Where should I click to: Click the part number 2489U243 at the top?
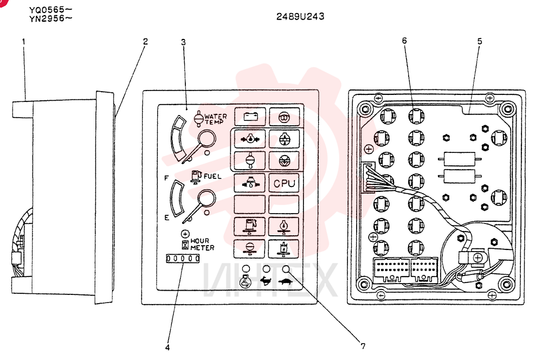[300, 16]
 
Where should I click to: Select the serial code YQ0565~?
[51, 10]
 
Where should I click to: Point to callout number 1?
[23, 42]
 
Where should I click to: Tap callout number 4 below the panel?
[167, 348]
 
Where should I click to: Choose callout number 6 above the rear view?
[404, 41]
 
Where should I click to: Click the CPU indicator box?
[284, 183]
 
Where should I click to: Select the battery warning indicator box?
[250, 116]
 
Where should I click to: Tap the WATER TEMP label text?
[215, 119]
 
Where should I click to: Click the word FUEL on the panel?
[212, 176]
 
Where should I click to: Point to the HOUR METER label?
[202, 244]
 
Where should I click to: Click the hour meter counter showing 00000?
[183, 258]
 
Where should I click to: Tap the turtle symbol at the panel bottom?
[286, 281]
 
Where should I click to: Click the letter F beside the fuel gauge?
[166, 178]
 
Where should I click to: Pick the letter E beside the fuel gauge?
[166, 218]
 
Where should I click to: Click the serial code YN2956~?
[51, 18]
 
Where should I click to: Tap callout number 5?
[480, 42]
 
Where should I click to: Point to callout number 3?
[183, 42]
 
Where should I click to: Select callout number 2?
[145, 42]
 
